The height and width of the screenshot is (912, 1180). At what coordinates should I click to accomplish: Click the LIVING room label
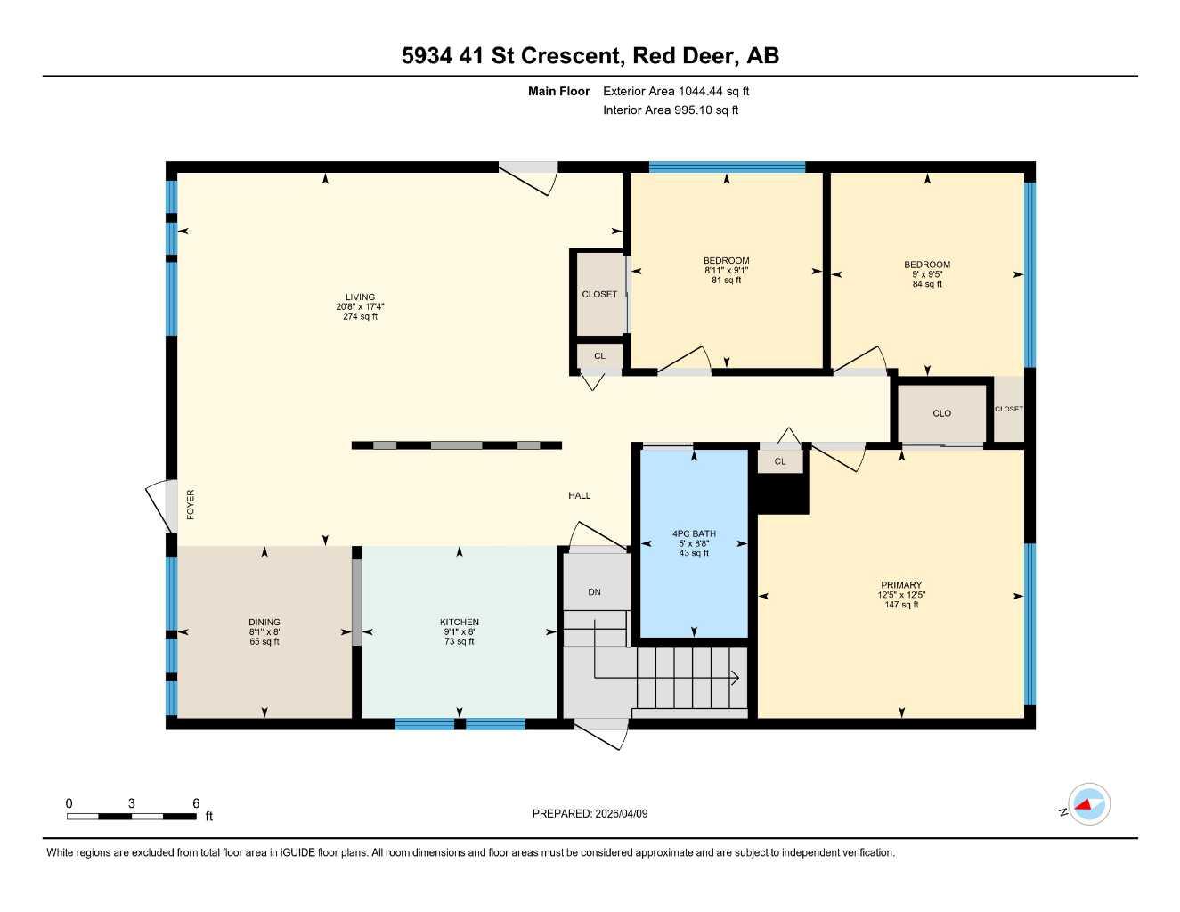point(360,297)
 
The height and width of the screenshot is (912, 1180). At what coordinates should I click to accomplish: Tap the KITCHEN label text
point(460,623)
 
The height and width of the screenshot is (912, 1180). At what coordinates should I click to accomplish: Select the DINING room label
point(264,623)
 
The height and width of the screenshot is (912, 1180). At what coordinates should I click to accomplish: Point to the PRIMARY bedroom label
point(901,585)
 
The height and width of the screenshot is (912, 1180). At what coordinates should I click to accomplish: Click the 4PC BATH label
point(694,534)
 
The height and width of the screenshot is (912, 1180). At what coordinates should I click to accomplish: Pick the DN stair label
point(594,592)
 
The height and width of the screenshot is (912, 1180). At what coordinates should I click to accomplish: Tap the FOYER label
point(191,504)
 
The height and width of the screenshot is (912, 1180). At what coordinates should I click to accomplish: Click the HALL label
point(580,495)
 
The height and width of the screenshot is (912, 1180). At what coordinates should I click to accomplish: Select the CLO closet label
point(941,413)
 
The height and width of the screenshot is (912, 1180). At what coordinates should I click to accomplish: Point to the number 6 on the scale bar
point(196,802)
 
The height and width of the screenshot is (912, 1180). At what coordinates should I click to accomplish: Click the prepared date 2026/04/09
point(622,814)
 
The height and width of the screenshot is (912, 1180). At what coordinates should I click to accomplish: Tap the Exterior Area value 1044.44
point(701,91)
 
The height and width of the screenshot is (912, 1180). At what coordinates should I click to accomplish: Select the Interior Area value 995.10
point(693,110)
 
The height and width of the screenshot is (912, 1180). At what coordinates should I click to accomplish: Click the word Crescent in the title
point(570,56)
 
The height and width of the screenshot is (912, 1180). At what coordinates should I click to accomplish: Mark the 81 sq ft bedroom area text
point(726,281)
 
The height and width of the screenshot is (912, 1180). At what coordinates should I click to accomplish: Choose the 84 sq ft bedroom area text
point(927,284)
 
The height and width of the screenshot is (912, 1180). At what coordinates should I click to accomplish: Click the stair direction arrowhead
point(736,678)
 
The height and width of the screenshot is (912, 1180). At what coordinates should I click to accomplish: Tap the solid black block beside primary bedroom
point(781,493)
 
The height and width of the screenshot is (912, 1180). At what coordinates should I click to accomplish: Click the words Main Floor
point(558,91)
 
